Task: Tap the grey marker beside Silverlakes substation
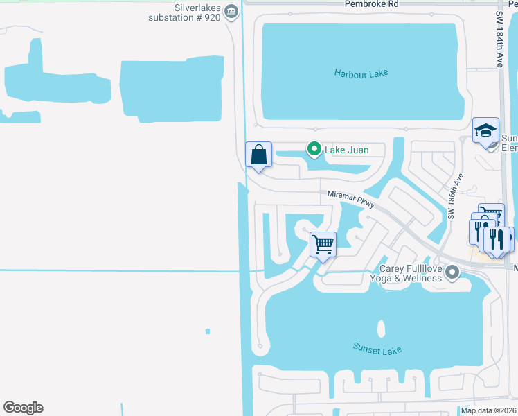pos(232,10)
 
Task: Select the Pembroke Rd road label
pos(372,3)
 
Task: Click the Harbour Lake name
pos(361,73)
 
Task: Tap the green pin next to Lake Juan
pos(314,149)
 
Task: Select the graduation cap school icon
pos(486,130)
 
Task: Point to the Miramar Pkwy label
pos(351,200)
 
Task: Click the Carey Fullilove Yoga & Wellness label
pos(410,273)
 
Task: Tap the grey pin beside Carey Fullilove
pos(453,272)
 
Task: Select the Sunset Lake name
pos(377,349)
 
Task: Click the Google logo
pos(23,408)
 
